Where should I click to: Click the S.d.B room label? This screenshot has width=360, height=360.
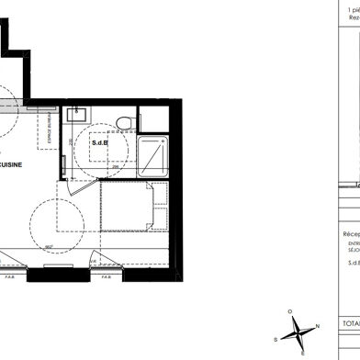pos(100,142)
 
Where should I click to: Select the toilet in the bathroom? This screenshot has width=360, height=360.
pos(127,125)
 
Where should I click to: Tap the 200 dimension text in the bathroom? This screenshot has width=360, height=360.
pos(71,145)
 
